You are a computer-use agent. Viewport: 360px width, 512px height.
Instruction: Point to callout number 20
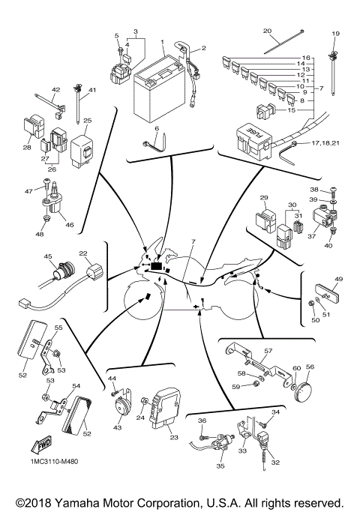[267, 31]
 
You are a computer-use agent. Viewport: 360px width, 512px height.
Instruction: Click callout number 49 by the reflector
[337, 280]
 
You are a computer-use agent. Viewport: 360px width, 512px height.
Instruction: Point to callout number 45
[48, 257]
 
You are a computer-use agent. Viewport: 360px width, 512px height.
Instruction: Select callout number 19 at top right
[335, 34]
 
